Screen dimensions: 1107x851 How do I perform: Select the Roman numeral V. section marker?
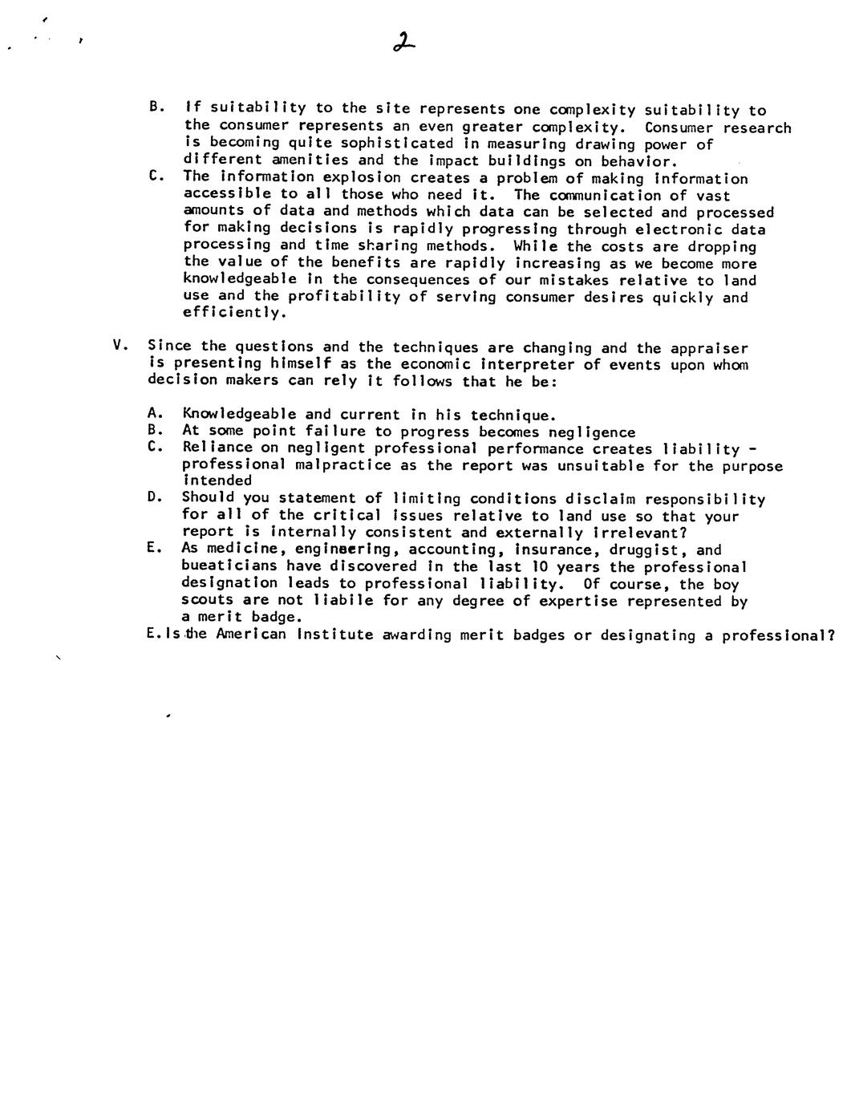[121, 346]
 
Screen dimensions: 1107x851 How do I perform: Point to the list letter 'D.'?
[156, 497]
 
